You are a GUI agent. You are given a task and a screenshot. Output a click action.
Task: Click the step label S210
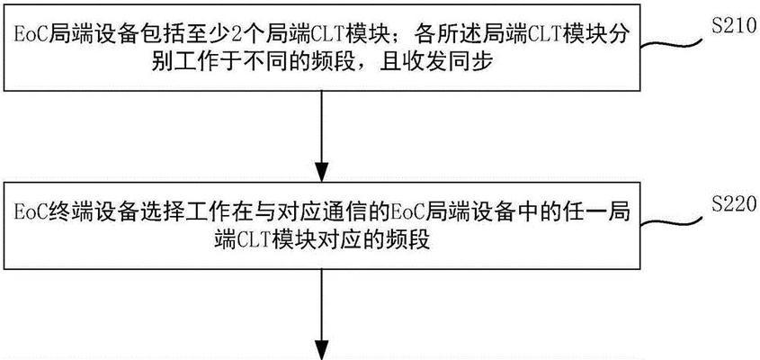(733, 26)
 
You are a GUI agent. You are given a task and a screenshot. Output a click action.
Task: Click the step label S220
(733, 205)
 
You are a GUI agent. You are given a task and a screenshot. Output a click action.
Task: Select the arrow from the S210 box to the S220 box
(321, 136)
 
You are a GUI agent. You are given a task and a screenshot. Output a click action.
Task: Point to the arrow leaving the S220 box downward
(321, 314)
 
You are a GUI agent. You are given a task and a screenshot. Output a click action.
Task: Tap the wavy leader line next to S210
(671, 44)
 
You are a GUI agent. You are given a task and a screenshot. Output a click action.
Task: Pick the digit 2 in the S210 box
(230, 35)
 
